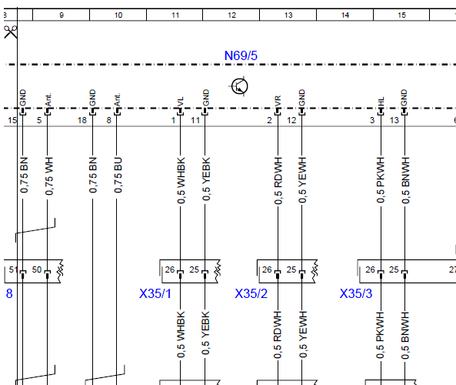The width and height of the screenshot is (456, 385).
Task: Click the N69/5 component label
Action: pyautogui.click(x=241, y=55)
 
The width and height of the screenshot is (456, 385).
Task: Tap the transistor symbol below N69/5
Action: pyautogui.click(x=240, y=86)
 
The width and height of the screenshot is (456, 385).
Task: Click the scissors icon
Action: pyautogui.click(x=11, y=32)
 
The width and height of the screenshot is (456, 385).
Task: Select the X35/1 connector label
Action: pyautogui.click(x=155, y=293)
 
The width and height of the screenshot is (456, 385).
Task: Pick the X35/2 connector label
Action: pyautogui.click(x=251, y=293)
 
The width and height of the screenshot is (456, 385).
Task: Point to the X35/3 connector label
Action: pyautogui.click(x=356, y=293)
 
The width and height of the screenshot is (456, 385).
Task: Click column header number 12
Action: pyautogui.click(x=231, y=15)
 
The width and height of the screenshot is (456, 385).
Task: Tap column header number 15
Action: pyautogui.click(x=401, y=15)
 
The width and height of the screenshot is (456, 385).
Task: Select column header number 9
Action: pyautogui.click(x=62, y=15)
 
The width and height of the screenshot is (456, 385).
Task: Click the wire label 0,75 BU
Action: pyautogui.click(x=118, y=175)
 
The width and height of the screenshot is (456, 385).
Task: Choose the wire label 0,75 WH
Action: pyautogui.click(x=49, y=176)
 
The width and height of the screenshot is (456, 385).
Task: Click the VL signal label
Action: pyautogui.click(x=180, y=102)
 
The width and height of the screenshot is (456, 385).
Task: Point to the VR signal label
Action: pyautogui.click(x=278, y=101)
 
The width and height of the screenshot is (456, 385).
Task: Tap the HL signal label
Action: pyautogui.click(x=381, y=102)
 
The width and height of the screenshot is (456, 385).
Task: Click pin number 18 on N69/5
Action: pyautogui.click(x=82, y=120)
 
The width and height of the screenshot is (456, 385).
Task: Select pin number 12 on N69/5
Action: pyautogui.click(x=291, y=120)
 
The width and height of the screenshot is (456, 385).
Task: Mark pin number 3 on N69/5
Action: pyautogui.click(x=372, y=120)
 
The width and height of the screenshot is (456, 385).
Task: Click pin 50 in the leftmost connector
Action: pyautogui.click(x=37, y=269)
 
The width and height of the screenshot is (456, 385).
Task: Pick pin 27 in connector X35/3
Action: pyautogui.click(x=452, y=269)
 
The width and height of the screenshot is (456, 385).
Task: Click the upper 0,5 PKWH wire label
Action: pyautogui.click(x=381, y=180)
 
